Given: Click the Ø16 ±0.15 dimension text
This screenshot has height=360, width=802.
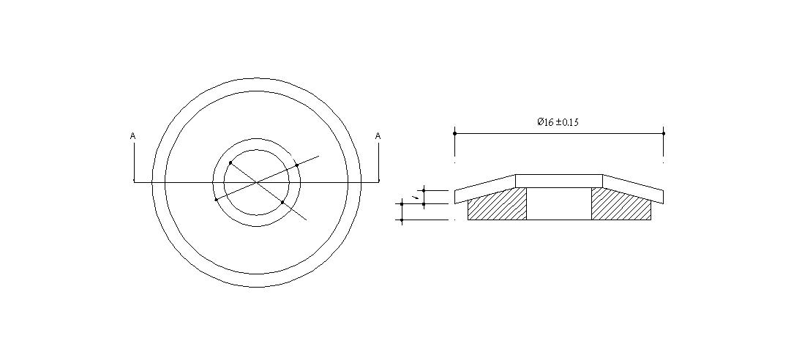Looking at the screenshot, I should tap(558, 122).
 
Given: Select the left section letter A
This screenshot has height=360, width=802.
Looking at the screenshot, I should tap(132, 136).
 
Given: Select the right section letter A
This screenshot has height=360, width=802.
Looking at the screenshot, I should tap(378, 136).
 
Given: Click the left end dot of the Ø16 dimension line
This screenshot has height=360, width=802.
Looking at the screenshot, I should tap(454, 133).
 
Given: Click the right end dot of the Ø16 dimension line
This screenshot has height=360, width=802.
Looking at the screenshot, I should tap(663, 133).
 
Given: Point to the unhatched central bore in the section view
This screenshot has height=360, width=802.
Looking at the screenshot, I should tap(559, 203).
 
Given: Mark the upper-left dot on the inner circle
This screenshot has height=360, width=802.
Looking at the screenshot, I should tap(231, 162).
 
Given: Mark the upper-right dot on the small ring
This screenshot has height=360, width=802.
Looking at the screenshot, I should tap(297, 166).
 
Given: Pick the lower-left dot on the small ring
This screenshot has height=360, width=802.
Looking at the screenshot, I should tap(215, 199).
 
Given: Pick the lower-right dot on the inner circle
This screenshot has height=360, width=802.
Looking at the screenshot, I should tap(282, 202).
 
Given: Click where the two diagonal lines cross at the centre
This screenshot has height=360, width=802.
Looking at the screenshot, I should tap(256, 181).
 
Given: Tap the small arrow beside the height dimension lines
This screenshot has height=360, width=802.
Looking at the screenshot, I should tap(416, 197).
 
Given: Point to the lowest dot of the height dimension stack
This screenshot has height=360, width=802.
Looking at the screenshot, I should tap(402, 220).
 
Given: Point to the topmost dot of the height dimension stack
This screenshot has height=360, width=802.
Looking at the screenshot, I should tap(424, 190).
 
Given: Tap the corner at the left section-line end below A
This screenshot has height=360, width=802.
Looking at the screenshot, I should tap(134, 181).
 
